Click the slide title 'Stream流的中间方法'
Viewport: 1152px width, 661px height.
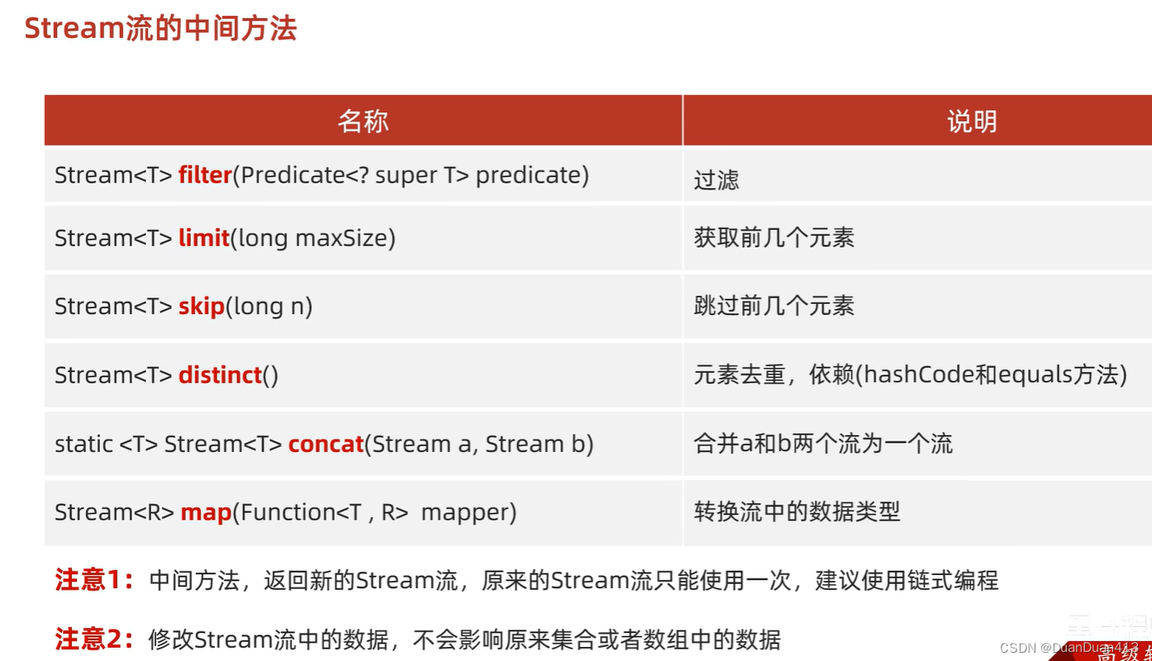pyautogui.click(x=160, y=29)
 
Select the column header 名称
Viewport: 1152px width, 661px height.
pyautogui.click(x=363, y=121)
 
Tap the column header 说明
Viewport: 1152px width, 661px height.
pyautogui.click(x=972, y=121)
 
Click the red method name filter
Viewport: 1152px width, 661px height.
pyautogui.click(x=204, y=175)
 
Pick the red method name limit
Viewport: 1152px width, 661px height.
pyautogui.click(x=203, y=238)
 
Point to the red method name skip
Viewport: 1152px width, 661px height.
pyautogui.click(x=202, y=307)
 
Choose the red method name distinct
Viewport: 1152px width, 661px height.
pyautogui.click(x=220, y=375)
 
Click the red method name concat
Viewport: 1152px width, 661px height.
pyautogui.click(x=326, y=444)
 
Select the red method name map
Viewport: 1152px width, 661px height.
pyautogui.click(x=206, y=512)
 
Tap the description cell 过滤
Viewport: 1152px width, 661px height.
pyautogui.click(x=716, y=180)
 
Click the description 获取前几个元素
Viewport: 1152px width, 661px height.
pyautogui.click(x=774, y=238)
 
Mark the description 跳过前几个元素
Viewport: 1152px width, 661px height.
pyautogui.click(x=774, y=307)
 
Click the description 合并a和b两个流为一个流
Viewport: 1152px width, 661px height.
pyautogui.click(x=823, y=444)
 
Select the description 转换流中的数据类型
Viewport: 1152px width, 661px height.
pyautogui.click(x=797, y=512)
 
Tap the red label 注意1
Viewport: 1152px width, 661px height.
pyautogui.click(x=93, y=580)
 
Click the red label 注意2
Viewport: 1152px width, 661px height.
pyautogui.click(x=93, y=639)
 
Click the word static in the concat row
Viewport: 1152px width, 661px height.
pyautogui.click(x=83, y=444)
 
